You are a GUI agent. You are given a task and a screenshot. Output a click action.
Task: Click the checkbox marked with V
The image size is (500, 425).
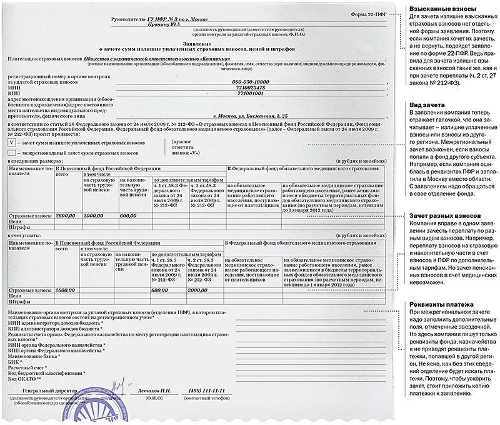11,143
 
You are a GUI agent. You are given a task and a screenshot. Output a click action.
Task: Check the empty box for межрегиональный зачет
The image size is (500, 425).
11,153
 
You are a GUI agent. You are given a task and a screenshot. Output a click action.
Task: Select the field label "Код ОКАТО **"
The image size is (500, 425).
24,379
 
